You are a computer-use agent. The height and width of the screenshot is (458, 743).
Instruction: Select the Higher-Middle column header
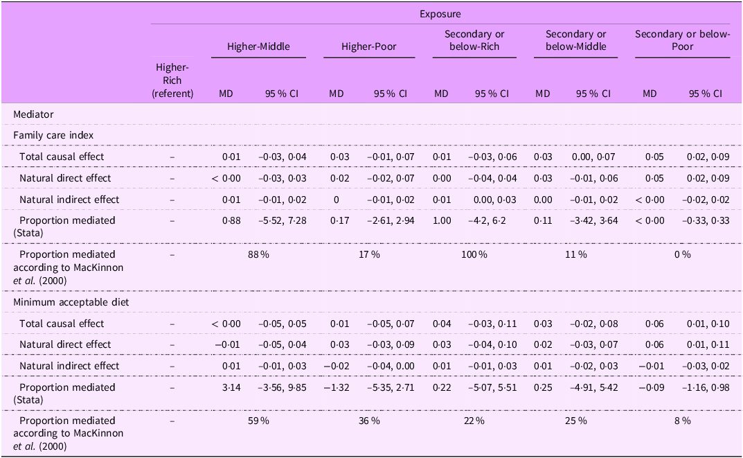[x=259, y=46]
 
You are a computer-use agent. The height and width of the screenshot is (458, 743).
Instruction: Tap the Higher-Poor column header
[x=369, y=46]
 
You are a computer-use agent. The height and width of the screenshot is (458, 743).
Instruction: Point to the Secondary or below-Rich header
[x=474, y=40]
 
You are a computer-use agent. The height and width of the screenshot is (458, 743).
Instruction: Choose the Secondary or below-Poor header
[x=682, y=40]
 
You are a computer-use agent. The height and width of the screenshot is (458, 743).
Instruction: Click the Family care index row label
[x=53, y=135]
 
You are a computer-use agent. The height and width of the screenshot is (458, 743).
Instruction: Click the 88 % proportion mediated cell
[x=259, y=254]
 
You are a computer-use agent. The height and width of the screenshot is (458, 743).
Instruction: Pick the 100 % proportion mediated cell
[x=474, y=254]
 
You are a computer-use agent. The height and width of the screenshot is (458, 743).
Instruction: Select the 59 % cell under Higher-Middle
[x=259, y=421]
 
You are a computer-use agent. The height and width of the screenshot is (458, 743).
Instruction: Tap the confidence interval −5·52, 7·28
[x=282, y=220]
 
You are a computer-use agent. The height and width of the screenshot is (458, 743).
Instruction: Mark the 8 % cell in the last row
[x=682, y=421]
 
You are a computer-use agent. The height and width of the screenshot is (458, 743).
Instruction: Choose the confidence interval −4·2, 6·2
[x=492, y=220]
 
